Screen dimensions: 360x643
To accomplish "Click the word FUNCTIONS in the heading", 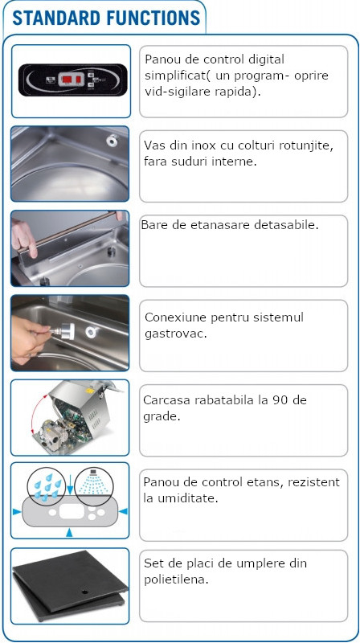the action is click(153, 18).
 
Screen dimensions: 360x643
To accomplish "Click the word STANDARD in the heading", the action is click(56, 18).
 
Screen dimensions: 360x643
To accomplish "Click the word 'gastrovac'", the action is click(174, 334).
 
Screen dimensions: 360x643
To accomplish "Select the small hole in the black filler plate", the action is click(85, 592).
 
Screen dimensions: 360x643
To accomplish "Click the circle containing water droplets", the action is click(47, 487).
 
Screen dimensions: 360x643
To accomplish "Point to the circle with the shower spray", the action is click(93, 487).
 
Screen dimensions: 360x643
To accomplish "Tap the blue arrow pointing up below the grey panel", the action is click(69, 533).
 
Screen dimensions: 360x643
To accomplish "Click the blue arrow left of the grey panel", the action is click(17, 512).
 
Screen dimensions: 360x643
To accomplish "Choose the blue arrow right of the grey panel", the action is click(123, 511).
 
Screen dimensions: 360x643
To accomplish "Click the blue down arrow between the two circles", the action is click(70, 484).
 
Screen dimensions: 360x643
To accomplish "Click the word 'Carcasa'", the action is click(166, 400).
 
